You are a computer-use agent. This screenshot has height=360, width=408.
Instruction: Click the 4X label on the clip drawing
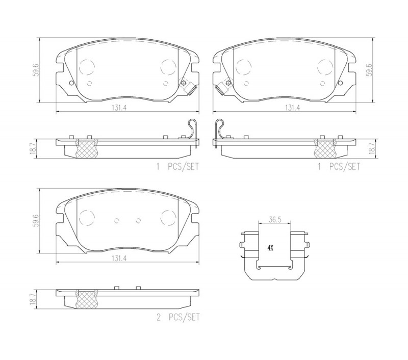(271, 248)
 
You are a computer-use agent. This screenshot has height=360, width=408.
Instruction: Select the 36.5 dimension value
(275, 220)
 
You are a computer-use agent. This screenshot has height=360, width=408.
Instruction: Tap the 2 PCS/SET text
(178, 317)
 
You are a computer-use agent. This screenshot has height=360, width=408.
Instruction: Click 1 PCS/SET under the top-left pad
(177, 166)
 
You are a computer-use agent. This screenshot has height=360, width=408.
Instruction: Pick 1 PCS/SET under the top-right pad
(339, 166)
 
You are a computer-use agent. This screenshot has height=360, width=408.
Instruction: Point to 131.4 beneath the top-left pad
(119, 108)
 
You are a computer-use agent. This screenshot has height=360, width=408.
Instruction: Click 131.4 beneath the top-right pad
(292, 108)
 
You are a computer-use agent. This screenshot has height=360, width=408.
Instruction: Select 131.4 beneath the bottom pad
(119, 258)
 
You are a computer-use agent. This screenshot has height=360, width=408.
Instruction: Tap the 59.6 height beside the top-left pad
(36, 70)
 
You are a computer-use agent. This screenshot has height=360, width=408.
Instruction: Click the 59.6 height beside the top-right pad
(369, 70)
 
